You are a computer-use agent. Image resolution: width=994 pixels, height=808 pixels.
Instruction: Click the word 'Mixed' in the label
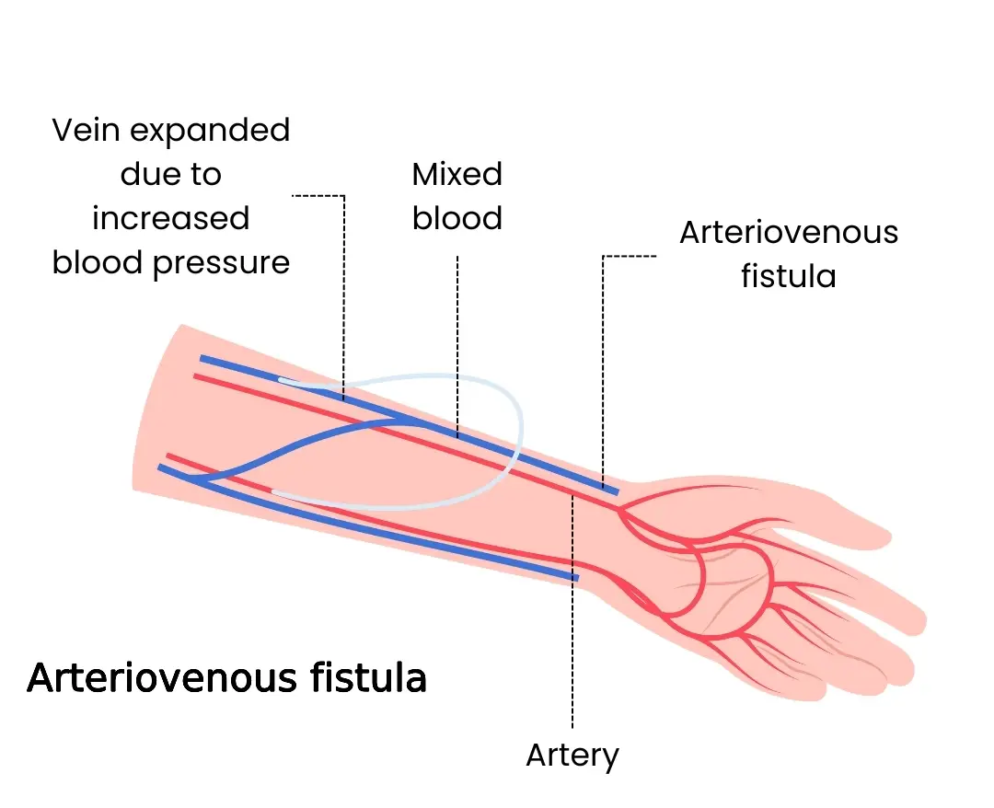click(457, 174)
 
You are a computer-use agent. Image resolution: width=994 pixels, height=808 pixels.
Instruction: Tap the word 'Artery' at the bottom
click(572, 756)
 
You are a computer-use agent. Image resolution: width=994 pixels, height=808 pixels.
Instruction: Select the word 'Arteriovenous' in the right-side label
click(789, 232)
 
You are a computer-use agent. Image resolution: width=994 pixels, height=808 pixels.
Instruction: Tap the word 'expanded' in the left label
click(211, 131)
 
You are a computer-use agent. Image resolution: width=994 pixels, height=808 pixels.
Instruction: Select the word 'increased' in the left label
click(171, 219)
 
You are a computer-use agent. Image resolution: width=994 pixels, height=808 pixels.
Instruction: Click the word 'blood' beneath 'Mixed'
click(457, 218)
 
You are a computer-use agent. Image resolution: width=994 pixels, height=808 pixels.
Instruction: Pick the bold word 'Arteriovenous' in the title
click(157, 678)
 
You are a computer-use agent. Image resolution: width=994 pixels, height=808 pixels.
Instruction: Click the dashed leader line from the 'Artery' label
click(572, 644)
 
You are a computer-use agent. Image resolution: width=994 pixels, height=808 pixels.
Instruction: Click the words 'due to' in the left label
click(171, 175)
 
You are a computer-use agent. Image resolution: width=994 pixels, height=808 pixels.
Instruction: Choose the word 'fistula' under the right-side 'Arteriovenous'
click(789, 276)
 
